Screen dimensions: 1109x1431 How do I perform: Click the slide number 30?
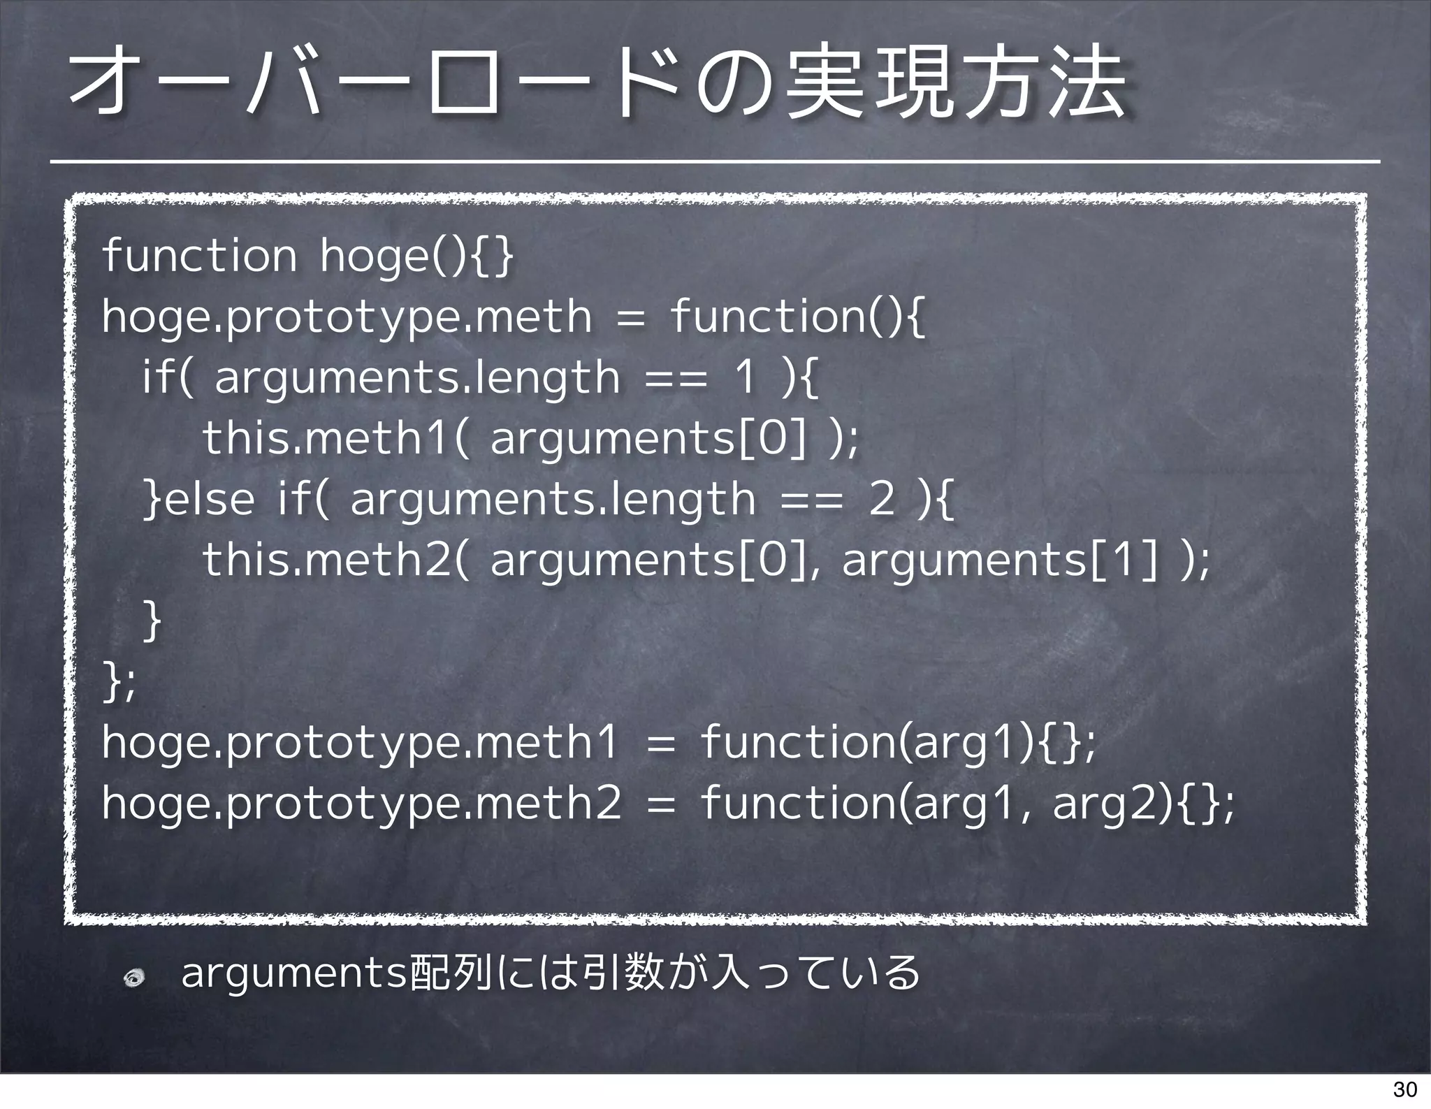[1404, 1089]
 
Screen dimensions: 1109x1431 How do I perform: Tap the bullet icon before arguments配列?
[133, 979]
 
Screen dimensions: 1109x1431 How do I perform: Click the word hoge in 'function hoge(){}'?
[373, 256]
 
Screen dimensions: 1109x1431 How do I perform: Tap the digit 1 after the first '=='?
[745, 377]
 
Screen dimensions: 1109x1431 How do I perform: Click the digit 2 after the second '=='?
[882, 499]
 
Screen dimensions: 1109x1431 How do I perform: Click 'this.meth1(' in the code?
[335, 439]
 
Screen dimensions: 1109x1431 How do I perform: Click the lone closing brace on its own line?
[152, 620]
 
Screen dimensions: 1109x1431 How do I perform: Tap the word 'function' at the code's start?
[200, 256]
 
